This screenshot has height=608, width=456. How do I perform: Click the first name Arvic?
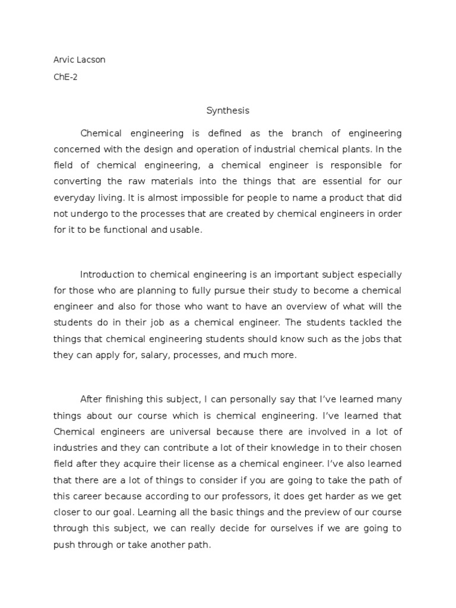[x=63, y=60]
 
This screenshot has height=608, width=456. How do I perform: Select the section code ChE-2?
[x=65, y=77]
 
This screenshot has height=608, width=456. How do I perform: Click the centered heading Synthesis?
[x=228, y=110]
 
